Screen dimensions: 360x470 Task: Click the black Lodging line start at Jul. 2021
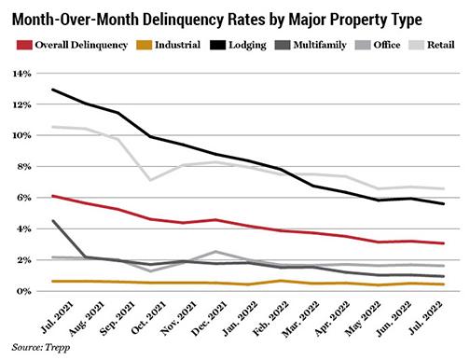coord(54,90)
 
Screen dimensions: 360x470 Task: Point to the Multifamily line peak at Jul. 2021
coord(54,221)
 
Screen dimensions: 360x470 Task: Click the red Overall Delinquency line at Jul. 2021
coord(54,196)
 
